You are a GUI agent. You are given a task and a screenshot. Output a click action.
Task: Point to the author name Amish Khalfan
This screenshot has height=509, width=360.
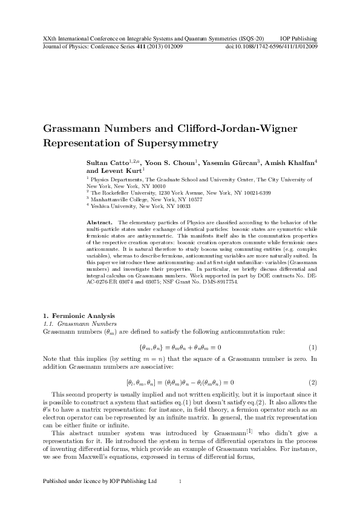289,163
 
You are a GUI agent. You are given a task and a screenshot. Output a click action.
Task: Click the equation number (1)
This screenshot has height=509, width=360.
313,348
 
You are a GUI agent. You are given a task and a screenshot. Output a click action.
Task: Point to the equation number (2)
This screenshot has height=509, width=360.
313,382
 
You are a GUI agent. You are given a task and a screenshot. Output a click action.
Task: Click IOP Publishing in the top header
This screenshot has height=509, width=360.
299,38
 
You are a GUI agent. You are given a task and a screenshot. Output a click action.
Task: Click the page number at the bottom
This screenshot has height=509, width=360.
180,481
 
